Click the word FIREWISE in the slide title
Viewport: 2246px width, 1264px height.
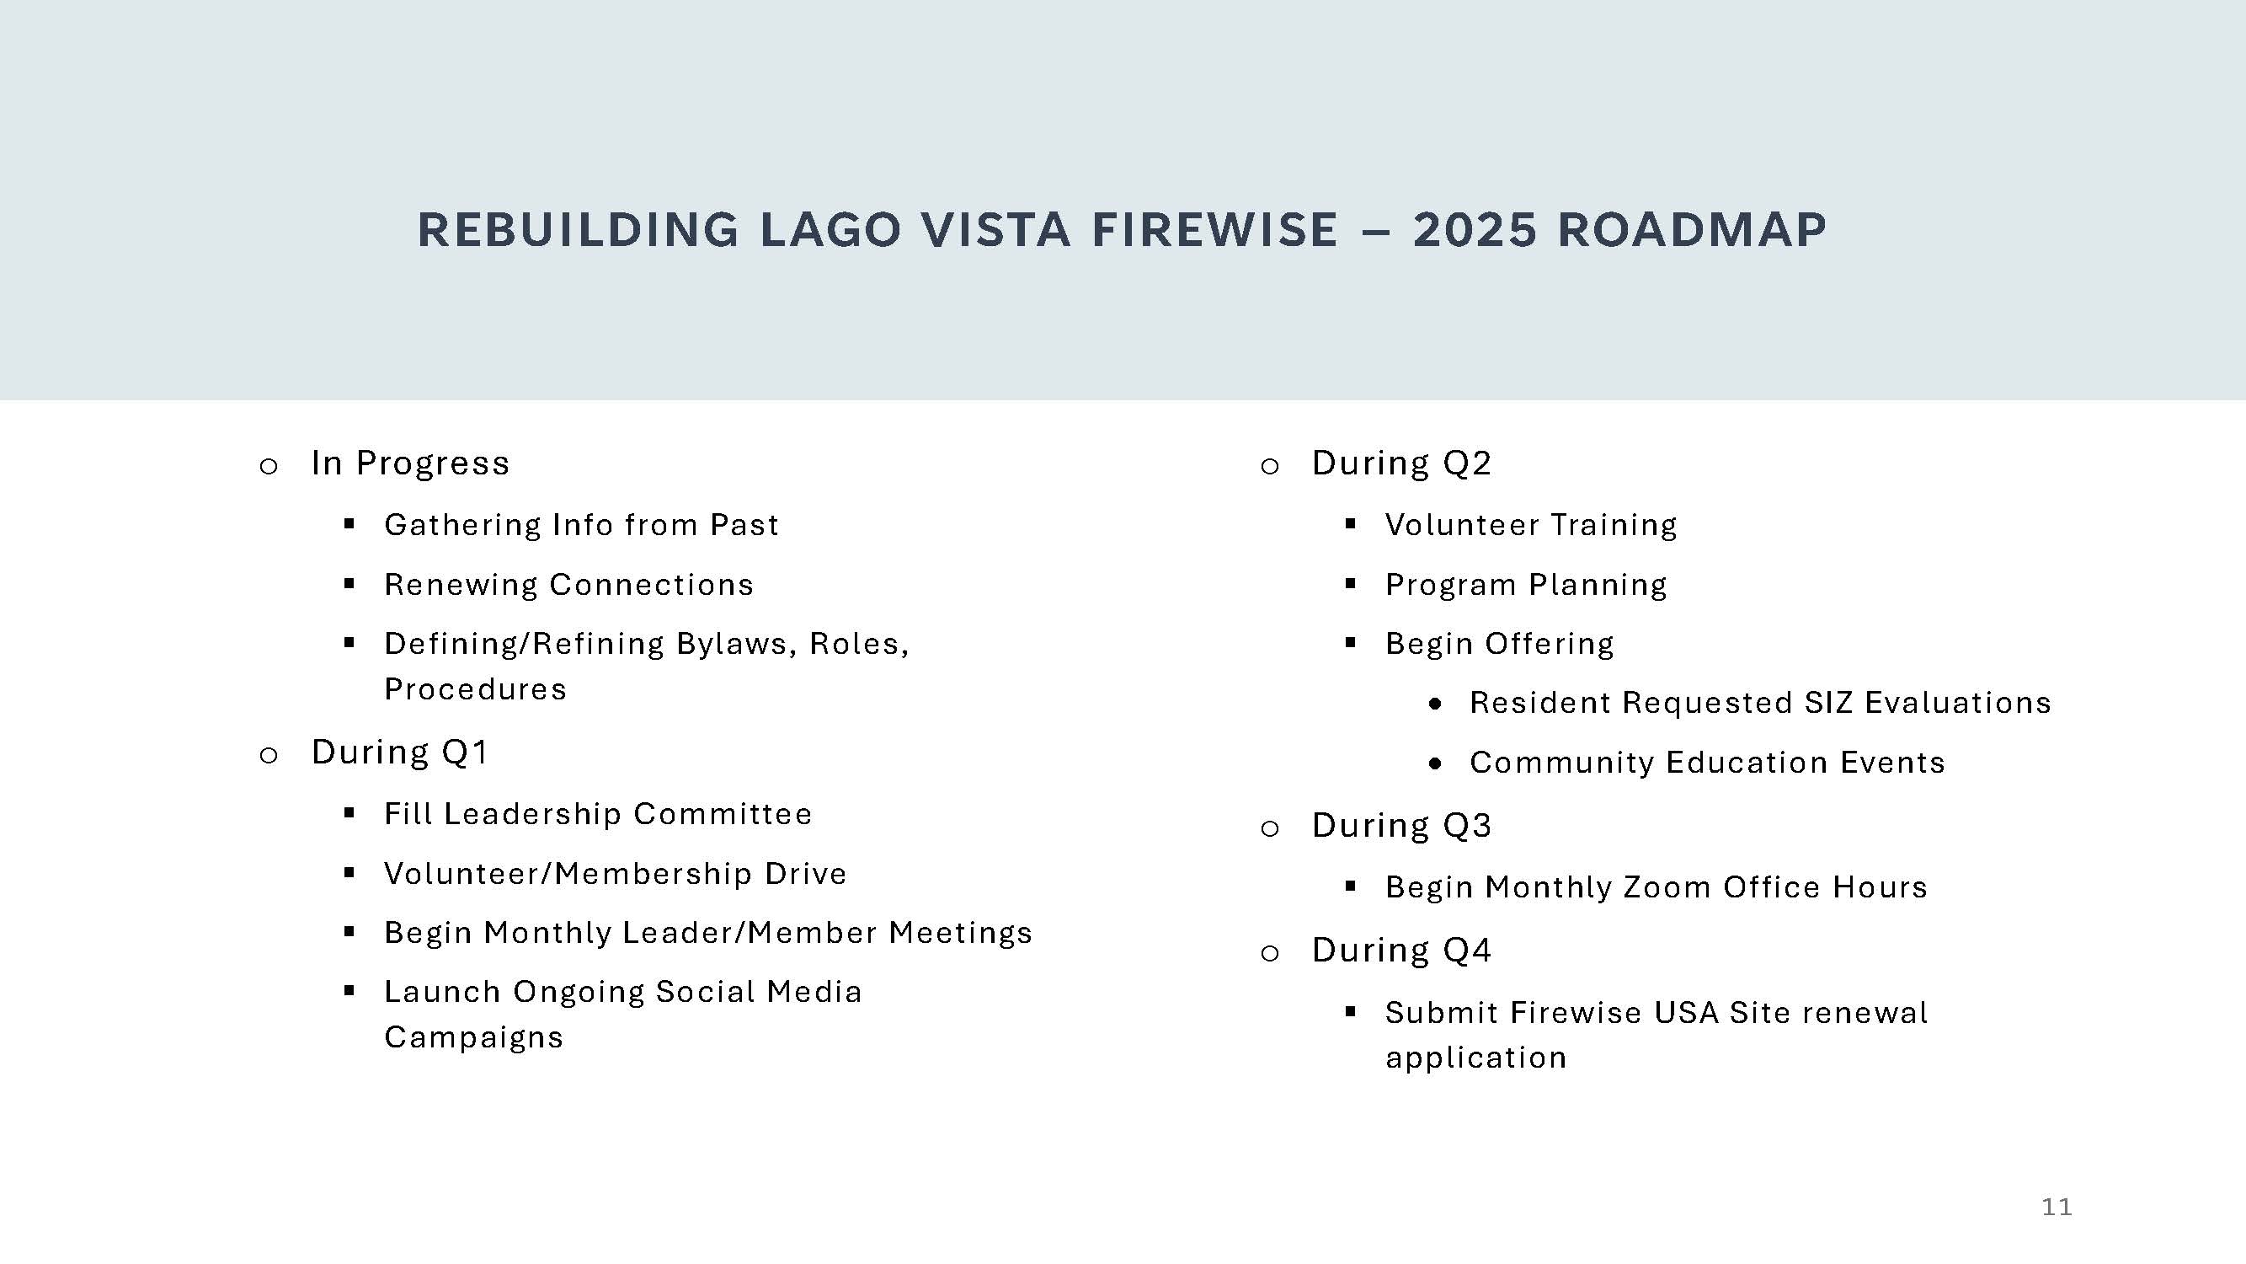coord(1214,230)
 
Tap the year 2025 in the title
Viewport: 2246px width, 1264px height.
coord(1475,230)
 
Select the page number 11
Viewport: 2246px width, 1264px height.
coord(2056,1208)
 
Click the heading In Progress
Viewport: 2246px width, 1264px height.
coord(410,463)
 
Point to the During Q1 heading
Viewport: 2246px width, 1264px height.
coord(399,752)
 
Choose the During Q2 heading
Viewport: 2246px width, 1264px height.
coord(1401,463)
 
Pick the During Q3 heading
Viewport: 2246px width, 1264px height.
coord(1401,825)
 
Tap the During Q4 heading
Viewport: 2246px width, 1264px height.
coord(1401,950)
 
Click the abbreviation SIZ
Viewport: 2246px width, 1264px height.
coord(1827,703)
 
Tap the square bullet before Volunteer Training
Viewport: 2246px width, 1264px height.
coord(1351,524)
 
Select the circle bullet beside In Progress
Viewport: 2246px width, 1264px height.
coord(269,467)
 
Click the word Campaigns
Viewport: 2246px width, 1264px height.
coord(473,1038)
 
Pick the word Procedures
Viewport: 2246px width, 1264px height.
coord(475,690)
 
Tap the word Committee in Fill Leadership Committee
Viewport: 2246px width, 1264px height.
coord(723,814)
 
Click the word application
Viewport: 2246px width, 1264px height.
coord(1475,1058)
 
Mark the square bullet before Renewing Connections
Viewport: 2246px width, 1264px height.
coord(349,584)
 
